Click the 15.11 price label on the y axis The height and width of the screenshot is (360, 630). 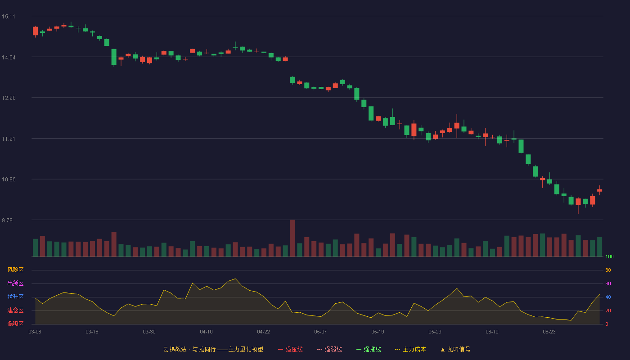coord(9,17)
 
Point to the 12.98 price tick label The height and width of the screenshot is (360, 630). coord(9,98)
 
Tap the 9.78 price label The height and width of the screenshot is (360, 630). coord(7,220)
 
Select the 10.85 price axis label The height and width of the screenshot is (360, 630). coord(9,180)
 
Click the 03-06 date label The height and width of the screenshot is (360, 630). coord(35,332)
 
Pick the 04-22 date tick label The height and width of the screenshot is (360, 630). coord(264,332)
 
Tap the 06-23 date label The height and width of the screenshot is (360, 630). coord(549,332)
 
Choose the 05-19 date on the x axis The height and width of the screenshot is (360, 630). coord(378,332)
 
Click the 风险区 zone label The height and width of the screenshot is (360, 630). coord(15,270)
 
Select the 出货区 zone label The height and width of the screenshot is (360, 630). coord(15,283)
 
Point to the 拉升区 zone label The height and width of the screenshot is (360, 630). coord(15,297)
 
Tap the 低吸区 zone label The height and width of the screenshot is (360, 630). coord(15,324)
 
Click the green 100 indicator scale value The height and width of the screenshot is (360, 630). coord(609,256)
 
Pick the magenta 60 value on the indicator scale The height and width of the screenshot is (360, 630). coord(608,283)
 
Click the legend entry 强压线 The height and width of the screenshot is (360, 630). coord(291,349)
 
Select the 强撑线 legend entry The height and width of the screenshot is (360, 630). coord(369,349)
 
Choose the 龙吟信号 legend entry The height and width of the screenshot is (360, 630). coord(455,349)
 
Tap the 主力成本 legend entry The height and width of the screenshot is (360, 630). coord(410,349)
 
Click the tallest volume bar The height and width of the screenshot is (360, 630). coord(292,238)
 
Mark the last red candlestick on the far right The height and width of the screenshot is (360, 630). coord(599,190)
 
